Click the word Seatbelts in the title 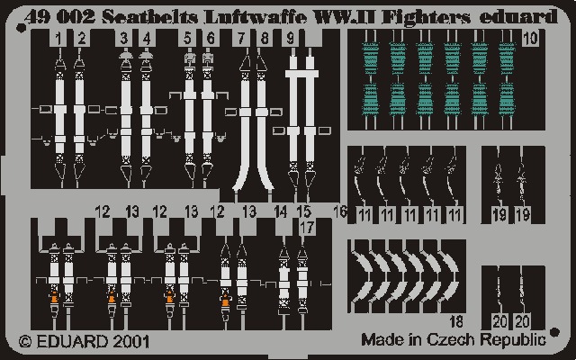coord(148,18)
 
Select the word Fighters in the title coord(426,18)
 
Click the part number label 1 coord(58,38)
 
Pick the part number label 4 coord(147,38)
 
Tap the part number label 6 coord(211,38)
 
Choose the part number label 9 coord(290,38)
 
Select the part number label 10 coord(530,38)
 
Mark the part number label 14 coord(280,212)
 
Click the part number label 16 coord(340,211)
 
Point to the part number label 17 coord(307,227)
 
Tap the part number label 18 coord(456,322)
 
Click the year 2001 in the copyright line coord(131,342)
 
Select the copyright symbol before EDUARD coord(25,342)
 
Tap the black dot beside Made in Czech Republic coord(555,332)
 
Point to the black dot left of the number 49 coord(21,28)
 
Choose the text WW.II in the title coord(344,18)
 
